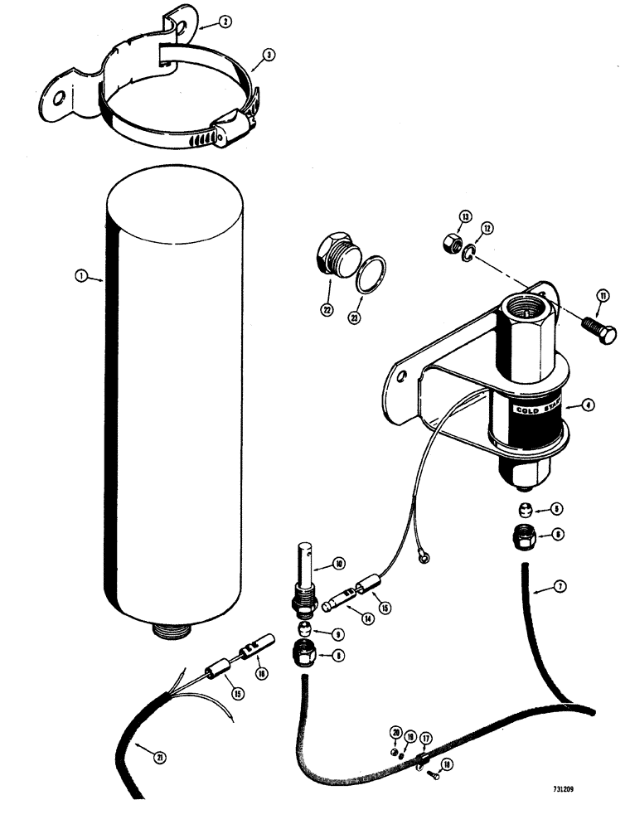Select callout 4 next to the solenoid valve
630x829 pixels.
click(586, 405)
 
